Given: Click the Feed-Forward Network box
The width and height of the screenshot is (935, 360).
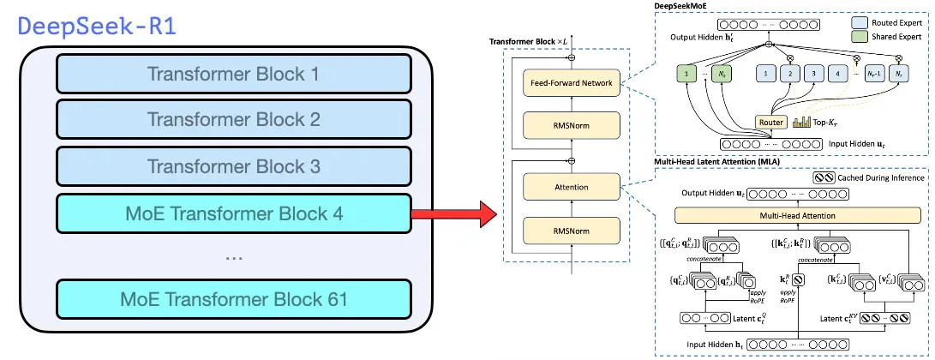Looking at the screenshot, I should tap(570, 82).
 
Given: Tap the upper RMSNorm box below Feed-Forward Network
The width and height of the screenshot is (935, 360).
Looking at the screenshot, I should tap(570, 126).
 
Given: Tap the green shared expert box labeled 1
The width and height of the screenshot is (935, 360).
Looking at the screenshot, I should tap(686, 75).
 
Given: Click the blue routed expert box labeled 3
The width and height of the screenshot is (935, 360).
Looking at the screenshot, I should tap(812, 75).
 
